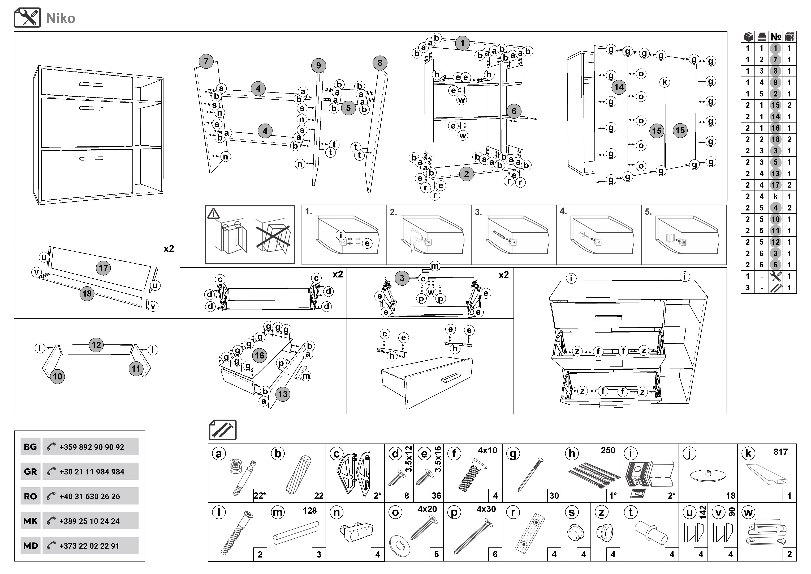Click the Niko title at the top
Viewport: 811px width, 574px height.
click(61, 18)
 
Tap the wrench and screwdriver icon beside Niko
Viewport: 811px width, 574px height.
click(27, 18)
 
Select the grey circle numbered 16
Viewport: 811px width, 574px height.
click(260, 356)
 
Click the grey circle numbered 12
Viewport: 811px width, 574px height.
click(96, 345)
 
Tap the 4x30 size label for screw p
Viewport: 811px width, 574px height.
click(486, 509)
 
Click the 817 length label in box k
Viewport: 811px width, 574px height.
click(780, 452)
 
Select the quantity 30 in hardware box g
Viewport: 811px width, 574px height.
click(554, 496)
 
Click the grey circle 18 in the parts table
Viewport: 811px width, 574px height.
click(775, 139)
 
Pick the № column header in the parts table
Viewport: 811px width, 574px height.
click(776, 37)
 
